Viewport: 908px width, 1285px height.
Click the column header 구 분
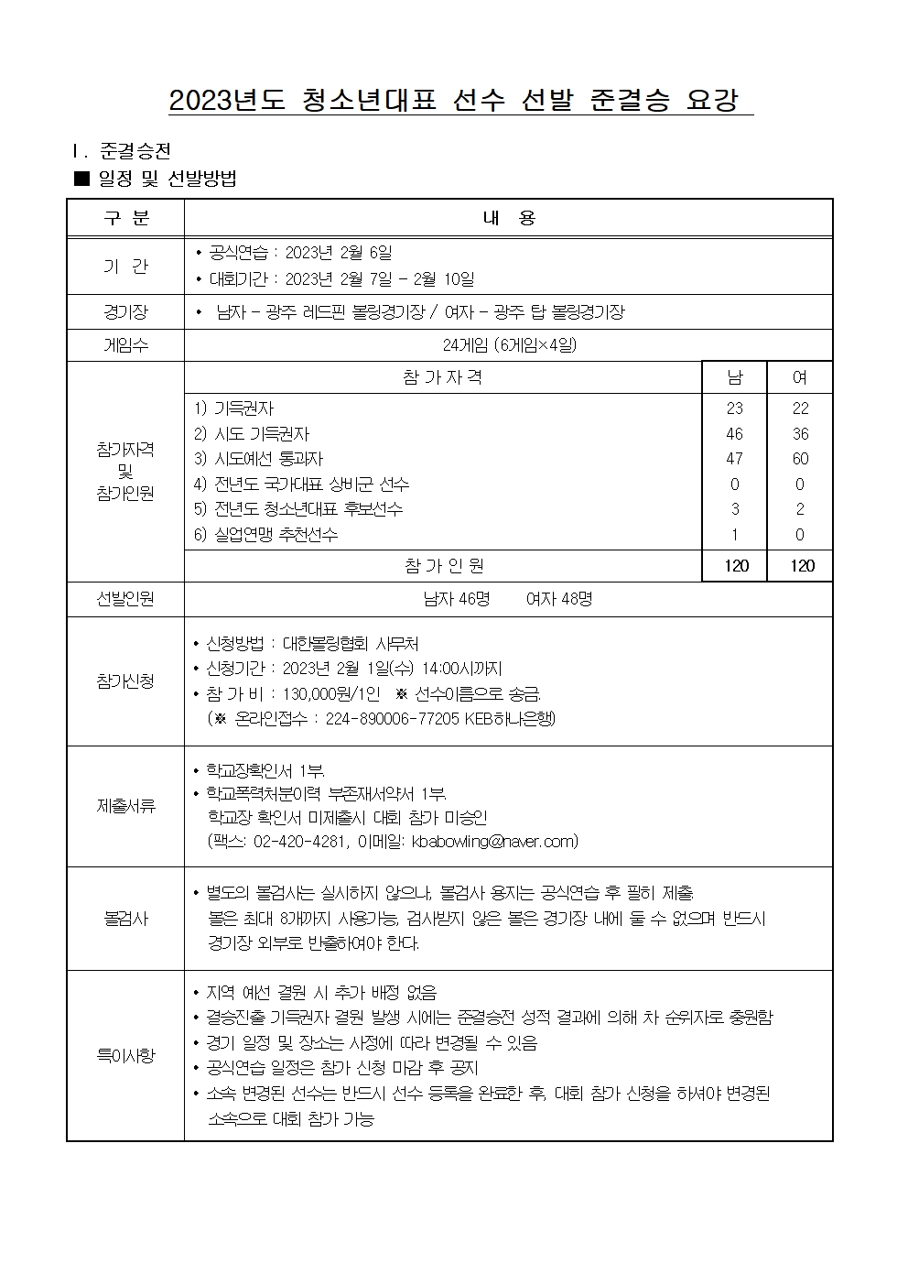(x=125, y=218)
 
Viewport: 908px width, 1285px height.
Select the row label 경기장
(x=125, y=312)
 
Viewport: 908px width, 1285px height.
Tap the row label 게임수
(x=125, y=345)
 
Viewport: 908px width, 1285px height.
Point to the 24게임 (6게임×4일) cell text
(x=509, y=345)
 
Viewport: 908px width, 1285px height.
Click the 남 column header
(x=734, y=377)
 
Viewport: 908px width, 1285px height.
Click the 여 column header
(x=800, y=377)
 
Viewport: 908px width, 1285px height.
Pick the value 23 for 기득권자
(x=734, y=408)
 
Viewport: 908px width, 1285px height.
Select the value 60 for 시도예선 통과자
(x=800, y=459)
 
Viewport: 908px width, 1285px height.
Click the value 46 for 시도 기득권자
(x=734, y=434)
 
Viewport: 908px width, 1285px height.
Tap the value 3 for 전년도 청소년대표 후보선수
(x=734, y=509)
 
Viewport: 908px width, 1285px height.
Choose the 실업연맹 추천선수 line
(x=265, y=535)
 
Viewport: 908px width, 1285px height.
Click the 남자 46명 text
(x=457, y=599)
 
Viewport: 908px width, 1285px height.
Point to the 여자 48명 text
(x=559, y=599)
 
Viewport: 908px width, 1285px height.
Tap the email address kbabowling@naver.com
(x=494, y=841)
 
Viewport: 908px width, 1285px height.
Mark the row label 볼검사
(x=125, y=918)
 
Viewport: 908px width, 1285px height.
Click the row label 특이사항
(x=125, y=1055)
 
